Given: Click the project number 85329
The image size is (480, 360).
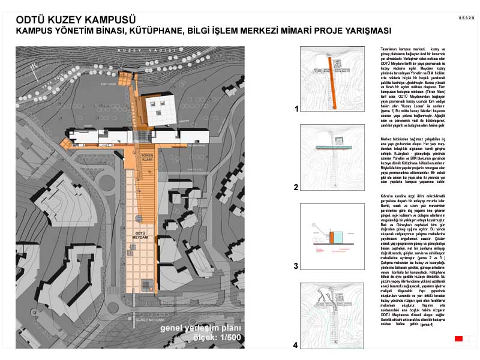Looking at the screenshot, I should (x=466, y=19).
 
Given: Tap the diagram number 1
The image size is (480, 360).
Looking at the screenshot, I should (x=296, y=109).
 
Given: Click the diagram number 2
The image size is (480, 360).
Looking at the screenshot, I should (x=296, y=187).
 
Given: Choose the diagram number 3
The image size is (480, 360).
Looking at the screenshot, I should (x=296, y=265).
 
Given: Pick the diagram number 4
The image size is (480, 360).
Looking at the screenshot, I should (x=296, y=345).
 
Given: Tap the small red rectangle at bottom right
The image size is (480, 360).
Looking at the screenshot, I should (x=459, y=340).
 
